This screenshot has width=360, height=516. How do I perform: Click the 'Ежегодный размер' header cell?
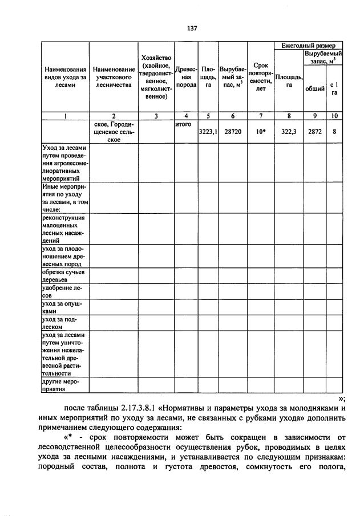point(308,45)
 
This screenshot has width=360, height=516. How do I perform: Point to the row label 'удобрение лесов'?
point(63,292)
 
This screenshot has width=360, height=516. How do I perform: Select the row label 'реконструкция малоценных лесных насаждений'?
point(64,229)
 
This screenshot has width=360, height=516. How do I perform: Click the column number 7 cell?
point(261,116)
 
